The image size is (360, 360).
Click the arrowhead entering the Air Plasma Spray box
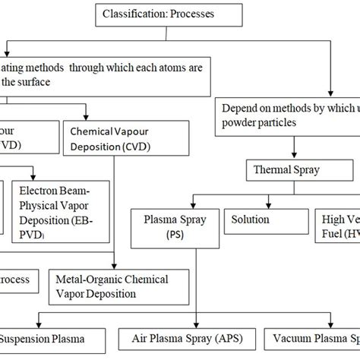click(x=196, y=323)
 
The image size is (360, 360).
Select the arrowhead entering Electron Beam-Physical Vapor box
click(x=33, y=174)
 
